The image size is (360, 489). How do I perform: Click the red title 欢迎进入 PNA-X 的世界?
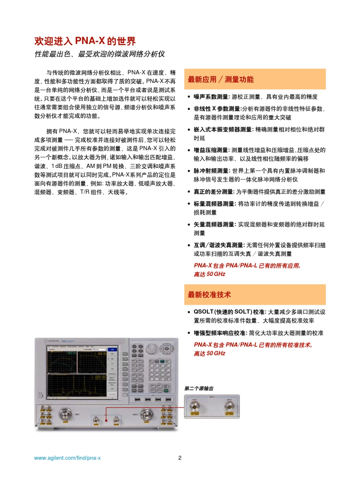click(x=85, y=41)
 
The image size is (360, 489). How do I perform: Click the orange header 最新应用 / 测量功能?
click(x=221, y=80)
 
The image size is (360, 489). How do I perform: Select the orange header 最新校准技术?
click(x=209, y=295)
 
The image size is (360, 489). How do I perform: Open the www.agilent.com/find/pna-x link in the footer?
click(x=67, y=458)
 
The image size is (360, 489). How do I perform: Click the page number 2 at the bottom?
click(x=180, y=458)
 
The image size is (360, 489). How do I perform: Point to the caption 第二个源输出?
click(x=199, y=389)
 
